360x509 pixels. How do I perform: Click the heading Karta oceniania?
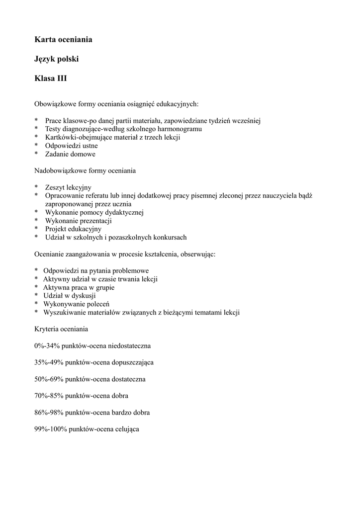click(63, 39)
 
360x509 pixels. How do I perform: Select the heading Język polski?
click(56, 59)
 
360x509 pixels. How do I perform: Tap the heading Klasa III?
click(50, 79)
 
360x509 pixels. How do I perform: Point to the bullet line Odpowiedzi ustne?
click(71, 146)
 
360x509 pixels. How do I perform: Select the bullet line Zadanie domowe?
click(70, 154)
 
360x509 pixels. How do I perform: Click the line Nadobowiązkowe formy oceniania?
click(85, 170)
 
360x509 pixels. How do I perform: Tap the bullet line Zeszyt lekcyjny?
click(68, 187)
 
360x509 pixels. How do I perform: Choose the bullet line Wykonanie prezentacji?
click(78, 220)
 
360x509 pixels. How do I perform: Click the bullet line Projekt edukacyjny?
click(73, 229)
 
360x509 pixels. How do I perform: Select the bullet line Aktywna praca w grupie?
click(79, 287)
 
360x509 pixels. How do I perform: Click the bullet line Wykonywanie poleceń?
click(76, 304)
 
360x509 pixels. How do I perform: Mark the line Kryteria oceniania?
click(61, 329)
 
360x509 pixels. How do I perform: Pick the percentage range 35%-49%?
click(48, 362)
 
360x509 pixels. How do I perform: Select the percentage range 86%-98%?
click(48, 413)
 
